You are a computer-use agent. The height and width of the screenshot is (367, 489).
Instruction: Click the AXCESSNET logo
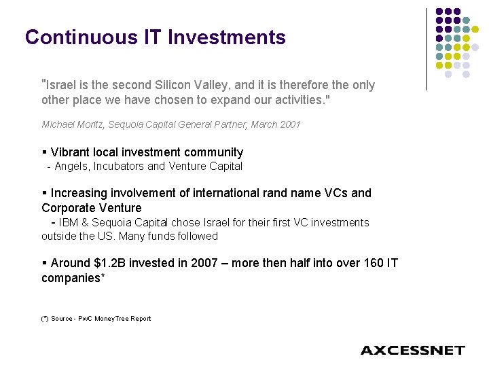point(412,351)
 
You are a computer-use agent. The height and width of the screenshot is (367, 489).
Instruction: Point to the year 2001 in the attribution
point(290,124)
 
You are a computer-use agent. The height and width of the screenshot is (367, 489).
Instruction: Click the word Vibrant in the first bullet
point(70,152)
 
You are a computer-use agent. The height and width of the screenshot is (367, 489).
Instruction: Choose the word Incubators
point(122,167)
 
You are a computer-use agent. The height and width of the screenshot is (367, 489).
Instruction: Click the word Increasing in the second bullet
point(79,193)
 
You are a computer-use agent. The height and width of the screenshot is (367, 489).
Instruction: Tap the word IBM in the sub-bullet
point(69,222)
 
